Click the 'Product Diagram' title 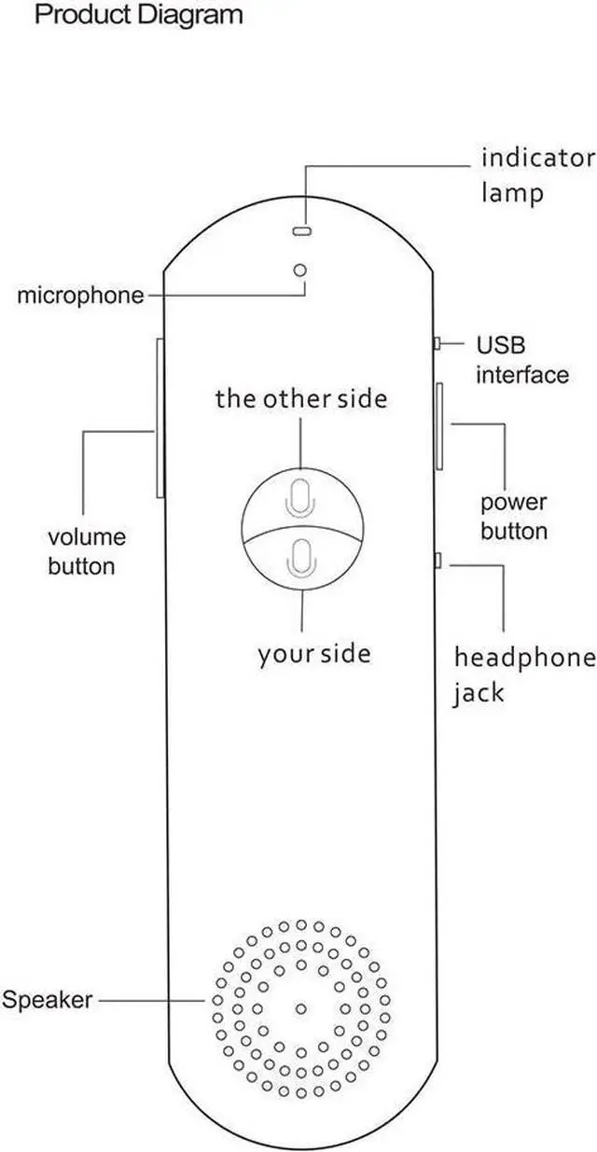tap(138, 16)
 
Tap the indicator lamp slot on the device tap(300, 229)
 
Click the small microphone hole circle tap(300, 270)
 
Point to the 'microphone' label tap(81, 297)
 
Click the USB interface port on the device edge tap(436, 344)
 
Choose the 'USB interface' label tap(521, 360)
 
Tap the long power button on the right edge tap(437, 424)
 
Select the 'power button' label tap(514, 517)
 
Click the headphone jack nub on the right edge tap(437, 561)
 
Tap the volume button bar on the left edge tap(159, 418)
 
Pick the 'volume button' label tap(86, 552)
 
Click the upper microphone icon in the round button tap(300, 498)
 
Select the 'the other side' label tap(300, 399)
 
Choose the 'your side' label tap(313, 655)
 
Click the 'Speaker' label tap(47, 1001)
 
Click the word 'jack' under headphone tap(479, 694)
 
